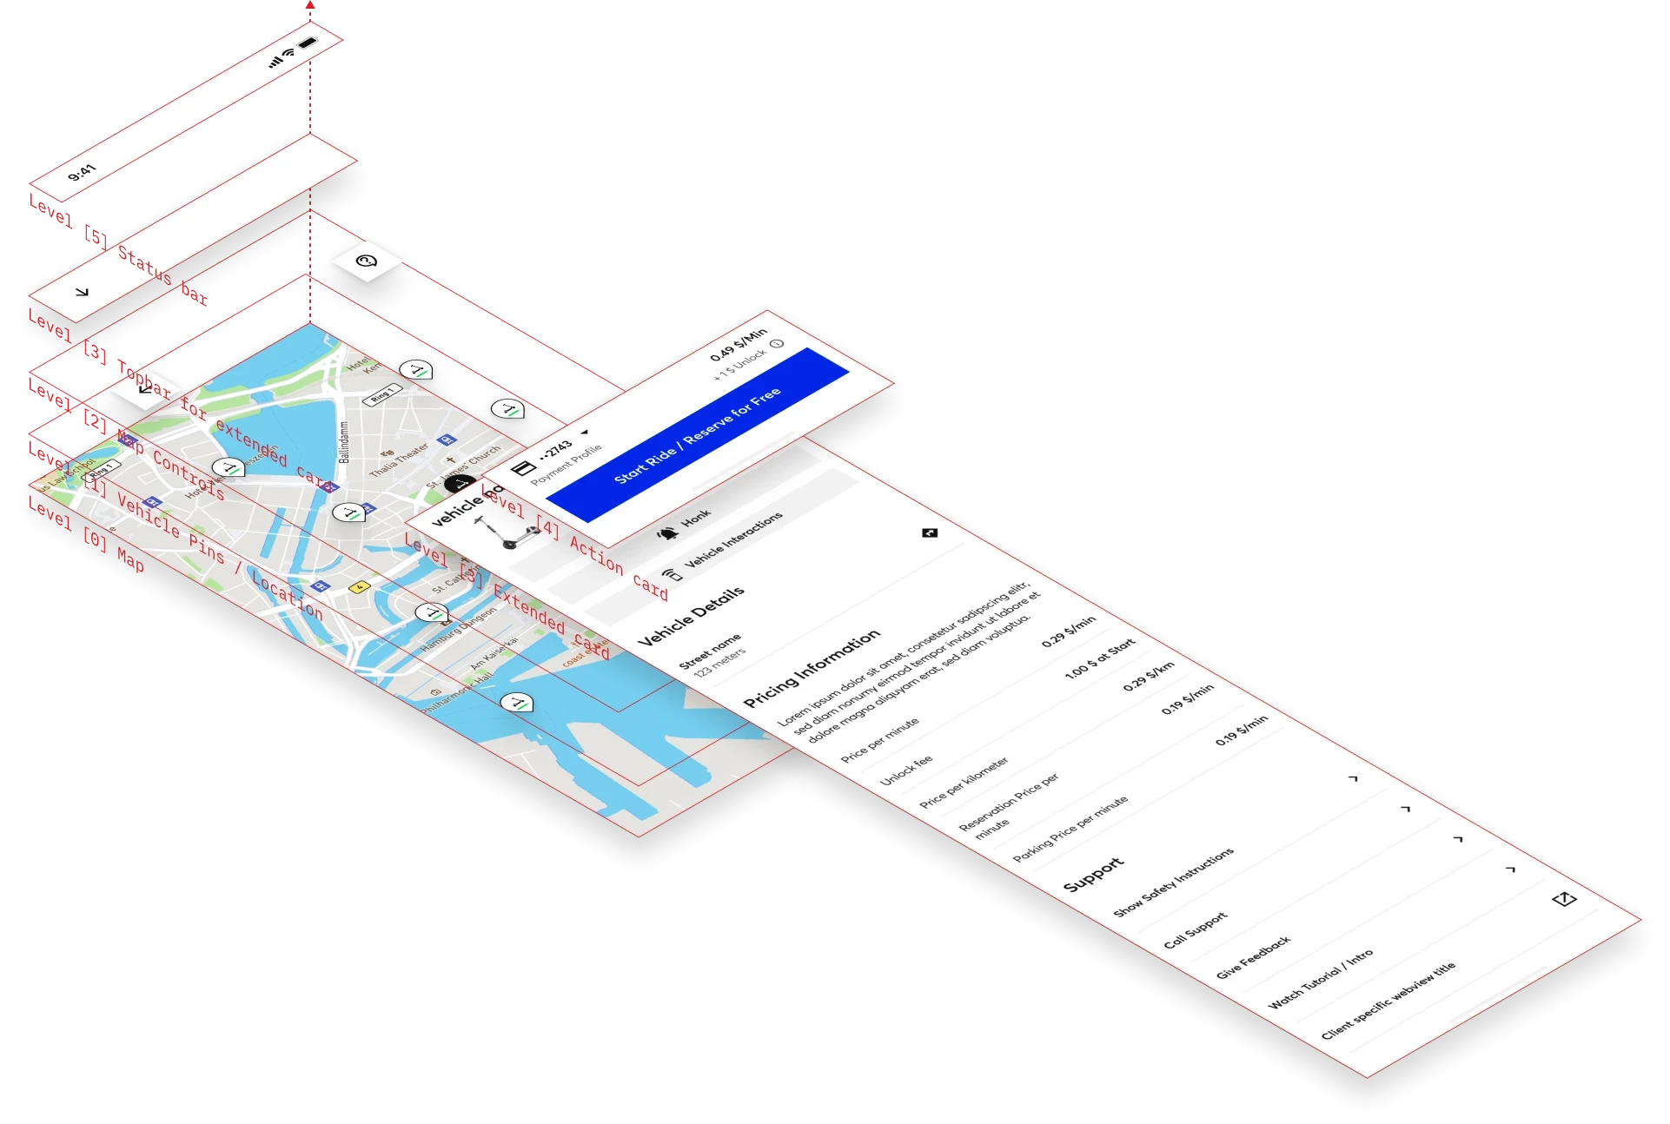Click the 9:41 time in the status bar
pos(83,172)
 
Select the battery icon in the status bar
pos(308,43)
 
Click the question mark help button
pos(367,260)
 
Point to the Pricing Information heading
pos(812,668)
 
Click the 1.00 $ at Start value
pos(1100,658)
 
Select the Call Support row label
pos(1196,929)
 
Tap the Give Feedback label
pos(1253,957)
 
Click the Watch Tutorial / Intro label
pos(1321,978)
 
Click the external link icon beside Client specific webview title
pos(1564,899)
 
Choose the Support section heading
pos(1094,876)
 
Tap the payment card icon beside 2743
pos(523,469)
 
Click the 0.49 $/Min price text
pos(739,344)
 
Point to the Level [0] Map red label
pos(86,536)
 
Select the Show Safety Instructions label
pos(1173,882)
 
